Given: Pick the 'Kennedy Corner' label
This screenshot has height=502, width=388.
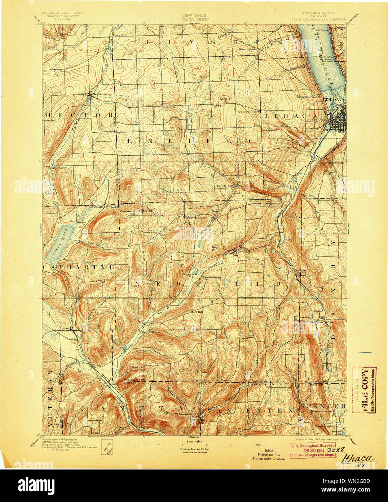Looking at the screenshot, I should click(x=248, y=112).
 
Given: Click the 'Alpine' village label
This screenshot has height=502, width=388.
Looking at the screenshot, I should click(x=64, y=328).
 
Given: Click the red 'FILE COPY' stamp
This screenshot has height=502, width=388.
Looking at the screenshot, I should click(x=365, y=390).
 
